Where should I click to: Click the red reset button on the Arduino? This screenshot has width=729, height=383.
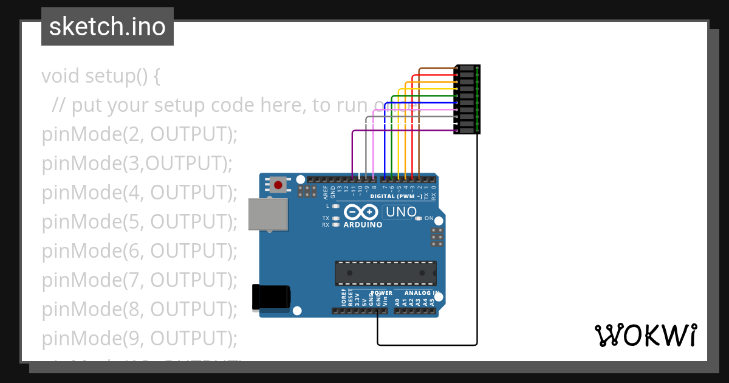(x=279, y=184)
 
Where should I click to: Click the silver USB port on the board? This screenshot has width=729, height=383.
(x=268, y=215)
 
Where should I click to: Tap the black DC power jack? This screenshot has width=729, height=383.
(x=271, y=297)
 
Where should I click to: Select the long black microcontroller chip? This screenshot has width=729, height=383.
(x=385, y=273)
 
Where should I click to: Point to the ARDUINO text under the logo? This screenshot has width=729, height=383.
(x=363, y=225)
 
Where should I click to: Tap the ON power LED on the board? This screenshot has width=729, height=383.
(x=418, y=218)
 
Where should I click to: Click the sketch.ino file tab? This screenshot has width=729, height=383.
(x=108, y=27)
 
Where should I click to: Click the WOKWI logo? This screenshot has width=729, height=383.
(x=645, y=335)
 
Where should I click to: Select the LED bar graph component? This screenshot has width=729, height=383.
(x=467, y=99)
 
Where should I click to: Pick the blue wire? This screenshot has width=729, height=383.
(x=384, y=146)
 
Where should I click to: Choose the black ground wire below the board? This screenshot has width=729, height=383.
(x=425, y=345)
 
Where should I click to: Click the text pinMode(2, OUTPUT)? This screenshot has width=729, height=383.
(x=139, y=134)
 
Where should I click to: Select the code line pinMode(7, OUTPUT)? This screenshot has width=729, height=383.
(x=139, y=280)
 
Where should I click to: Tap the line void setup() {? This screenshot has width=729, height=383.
(x=101, y=76)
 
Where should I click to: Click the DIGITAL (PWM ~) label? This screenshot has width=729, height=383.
(x=395, y=196)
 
